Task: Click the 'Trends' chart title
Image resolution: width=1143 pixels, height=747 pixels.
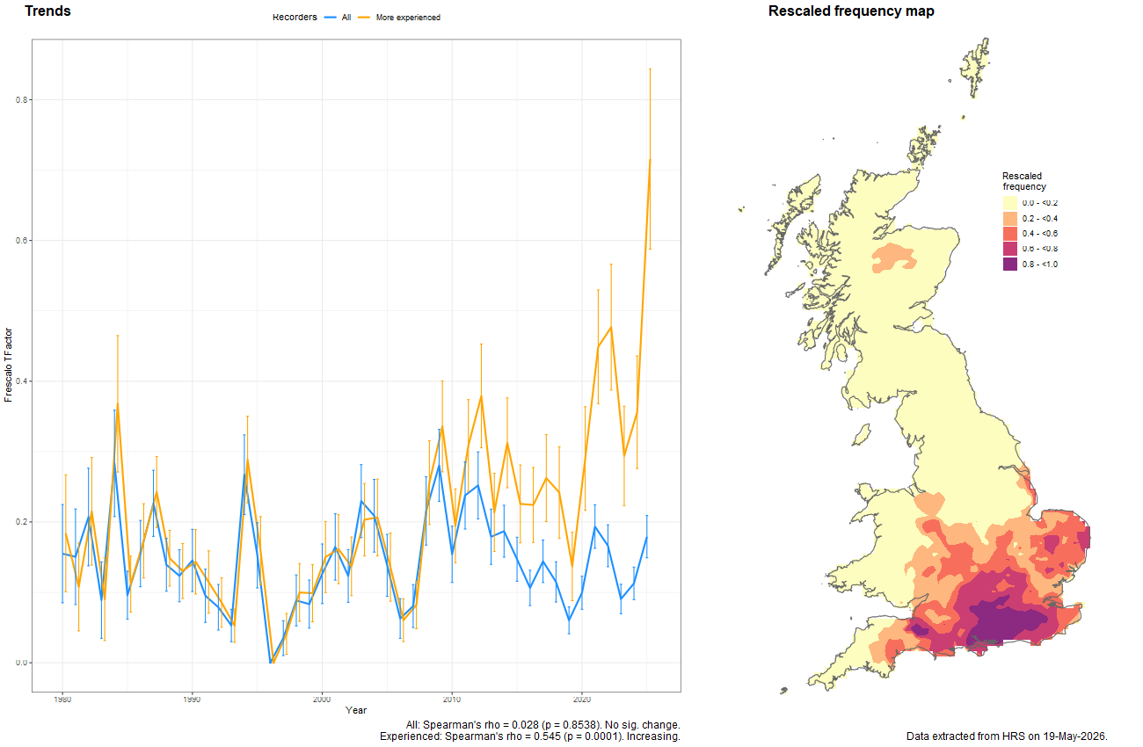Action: [x=47, y=11]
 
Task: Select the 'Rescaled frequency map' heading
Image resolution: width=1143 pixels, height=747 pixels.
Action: [x=851, y=11]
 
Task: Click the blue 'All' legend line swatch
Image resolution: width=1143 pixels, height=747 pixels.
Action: [x=330, y=18]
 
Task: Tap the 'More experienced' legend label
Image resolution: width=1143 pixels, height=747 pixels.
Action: [x=408, y=18]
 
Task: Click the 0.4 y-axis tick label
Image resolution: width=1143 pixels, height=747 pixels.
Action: [x=21, y=381]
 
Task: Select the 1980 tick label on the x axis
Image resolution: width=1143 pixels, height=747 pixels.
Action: [x=62, y=699]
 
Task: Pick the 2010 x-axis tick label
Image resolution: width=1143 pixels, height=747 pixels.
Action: [x=452, y=699]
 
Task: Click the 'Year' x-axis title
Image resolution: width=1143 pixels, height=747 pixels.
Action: [x=356, y=710]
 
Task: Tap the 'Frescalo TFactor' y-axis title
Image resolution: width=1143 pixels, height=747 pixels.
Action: [x=8, y=365]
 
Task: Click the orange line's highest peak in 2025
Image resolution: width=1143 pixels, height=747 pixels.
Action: [x=650, y=160]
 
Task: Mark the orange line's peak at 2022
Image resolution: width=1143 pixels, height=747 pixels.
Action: [x=611, y=327]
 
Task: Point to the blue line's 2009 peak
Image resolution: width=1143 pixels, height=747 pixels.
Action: [x=439, y=466]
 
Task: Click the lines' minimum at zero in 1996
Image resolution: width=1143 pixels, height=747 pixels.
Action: [x=271, y=663]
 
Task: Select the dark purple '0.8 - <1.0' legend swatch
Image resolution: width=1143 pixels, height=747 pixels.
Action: [x=1010, y=265]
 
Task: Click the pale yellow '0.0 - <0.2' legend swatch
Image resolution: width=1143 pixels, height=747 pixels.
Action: [x=1010, y=203]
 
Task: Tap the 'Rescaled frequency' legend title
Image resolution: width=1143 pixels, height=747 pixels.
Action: [x=1023, y=181]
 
